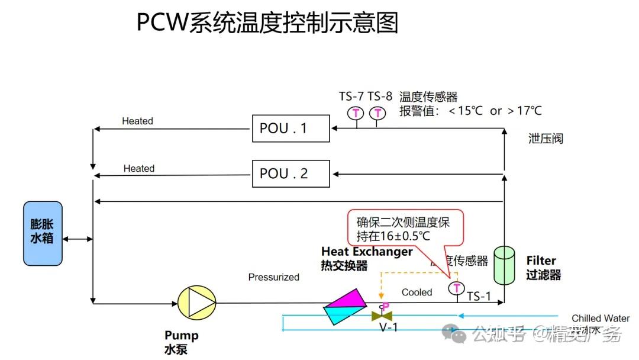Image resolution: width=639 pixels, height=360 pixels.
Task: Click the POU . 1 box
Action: tap(291, 128)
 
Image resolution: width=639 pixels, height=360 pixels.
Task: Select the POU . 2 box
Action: tap(291, 173)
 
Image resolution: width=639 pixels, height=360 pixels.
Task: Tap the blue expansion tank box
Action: tap(43, 233)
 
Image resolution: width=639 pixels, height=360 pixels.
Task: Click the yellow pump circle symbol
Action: tap(196, 304)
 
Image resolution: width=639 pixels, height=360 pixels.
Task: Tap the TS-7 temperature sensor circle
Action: tap(356, 112)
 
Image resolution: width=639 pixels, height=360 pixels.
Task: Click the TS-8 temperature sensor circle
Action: tap(377, 112)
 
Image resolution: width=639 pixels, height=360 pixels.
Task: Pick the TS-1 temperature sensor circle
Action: tap(456, 288)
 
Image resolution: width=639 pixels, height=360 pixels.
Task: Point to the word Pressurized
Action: tap(273, 277)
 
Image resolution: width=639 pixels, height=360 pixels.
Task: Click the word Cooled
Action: tap(417, 292)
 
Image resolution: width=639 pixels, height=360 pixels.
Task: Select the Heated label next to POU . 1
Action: tap(137, 121)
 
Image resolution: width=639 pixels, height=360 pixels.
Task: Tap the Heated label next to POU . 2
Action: tap(138, 169)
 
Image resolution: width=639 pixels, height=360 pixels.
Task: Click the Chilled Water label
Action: tap(600, 319)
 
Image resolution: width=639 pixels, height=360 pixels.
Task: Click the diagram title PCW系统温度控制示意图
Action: tap(267, 23)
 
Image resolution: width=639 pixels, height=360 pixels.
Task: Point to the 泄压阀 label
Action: tap(546, 139)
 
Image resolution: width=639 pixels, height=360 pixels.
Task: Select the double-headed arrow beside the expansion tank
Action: tap(78, 239)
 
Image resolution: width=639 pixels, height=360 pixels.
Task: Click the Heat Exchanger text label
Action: tap(367, 252)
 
